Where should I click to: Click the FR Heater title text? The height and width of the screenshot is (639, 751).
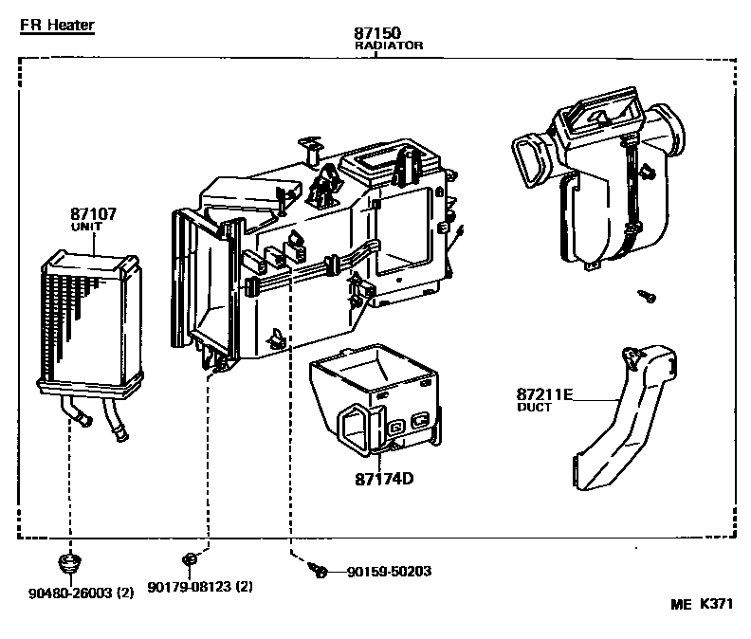point(57,26)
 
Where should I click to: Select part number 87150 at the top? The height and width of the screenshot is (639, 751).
point(375,33)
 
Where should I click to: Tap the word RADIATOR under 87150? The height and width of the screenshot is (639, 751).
point(388,46)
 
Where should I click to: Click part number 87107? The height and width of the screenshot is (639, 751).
point(93,214)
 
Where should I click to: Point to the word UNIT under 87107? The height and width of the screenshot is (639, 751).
point(86,228)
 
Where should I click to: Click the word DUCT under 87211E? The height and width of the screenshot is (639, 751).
point(534,408)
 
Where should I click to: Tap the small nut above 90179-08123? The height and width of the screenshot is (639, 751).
point(190,558)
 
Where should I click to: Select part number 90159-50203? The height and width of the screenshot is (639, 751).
point(388,572)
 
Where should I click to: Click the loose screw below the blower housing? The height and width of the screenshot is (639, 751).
point(648,296)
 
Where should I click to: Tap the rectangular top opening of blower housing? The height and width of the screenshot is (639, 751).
point(598,112)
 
